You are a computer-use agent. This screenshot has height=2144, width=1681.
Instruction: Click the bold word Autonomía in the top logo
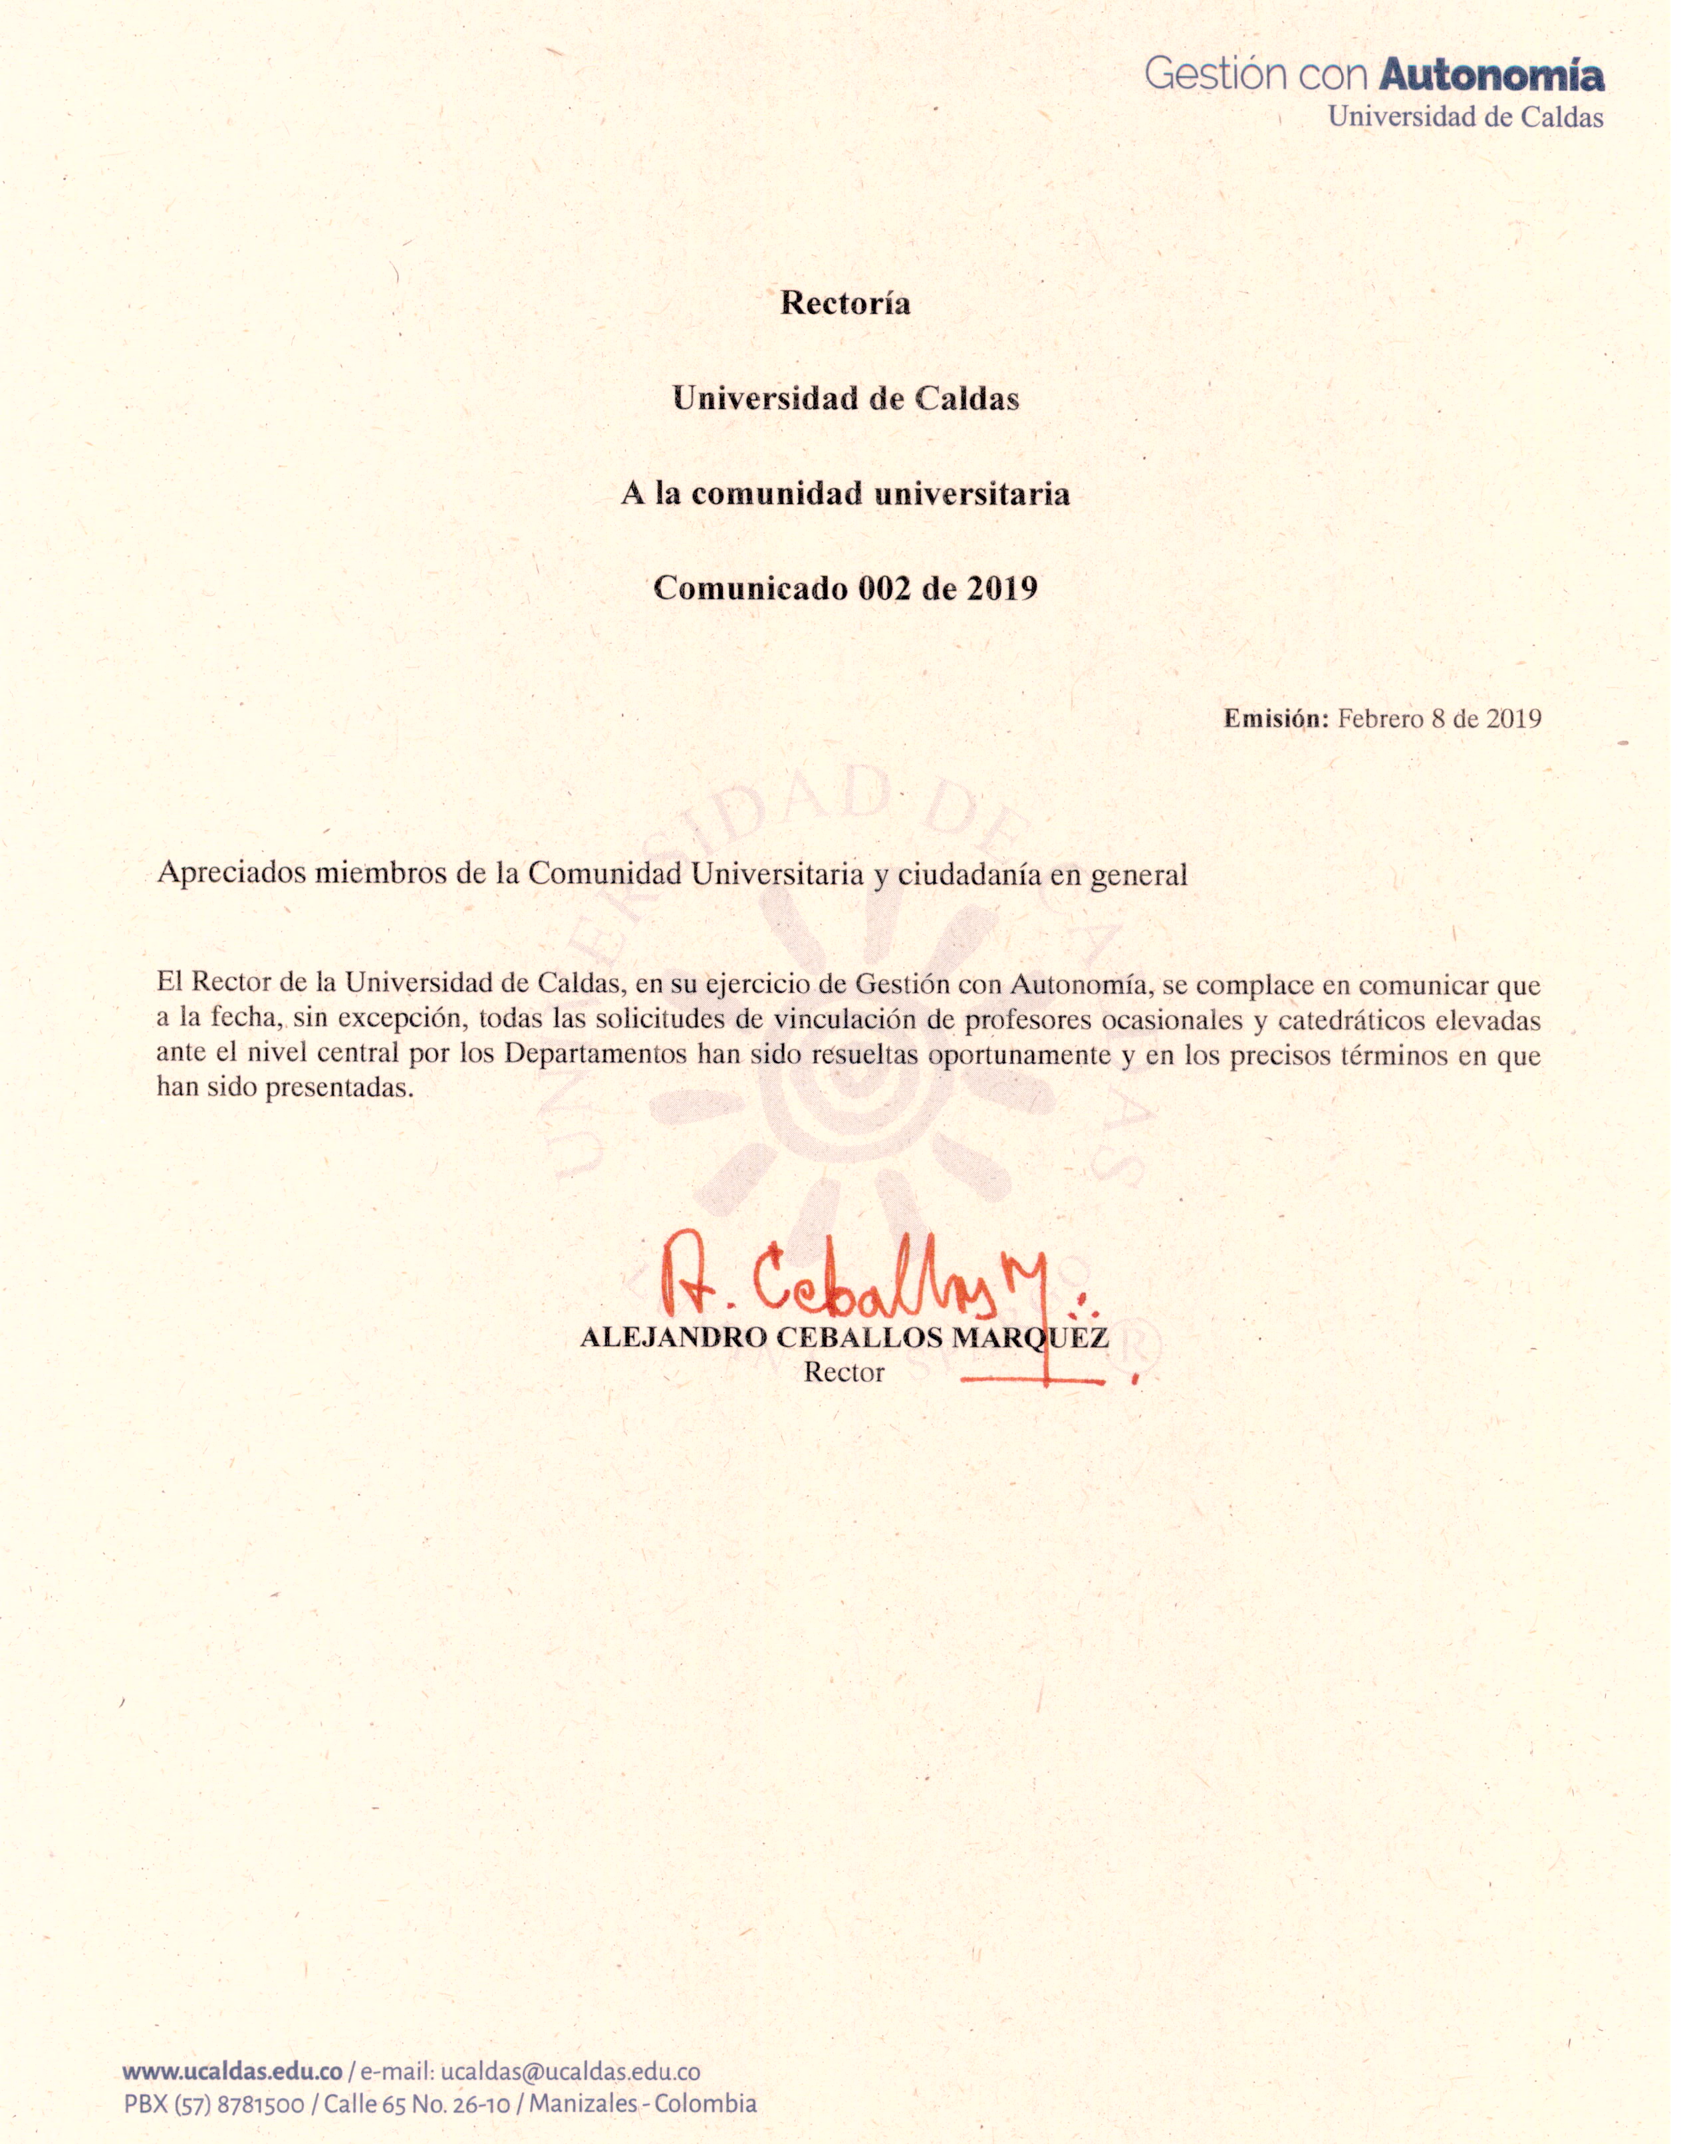point(1492,74)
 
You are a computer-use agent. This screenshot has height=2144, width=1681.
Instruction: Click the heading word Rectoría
point(845,303)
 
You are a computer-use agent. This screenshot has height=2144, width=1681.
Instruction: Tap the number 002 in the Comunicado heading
point(885,589)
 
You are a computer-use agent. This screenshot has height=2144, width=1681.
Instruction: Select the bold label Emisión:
point(1275,719)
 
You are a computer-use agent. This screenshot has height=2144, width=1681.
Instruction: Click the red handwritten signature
point(866,1279)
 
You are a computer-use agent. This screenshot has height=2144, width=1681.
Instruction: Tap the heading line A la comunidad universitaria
point(845,493)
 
